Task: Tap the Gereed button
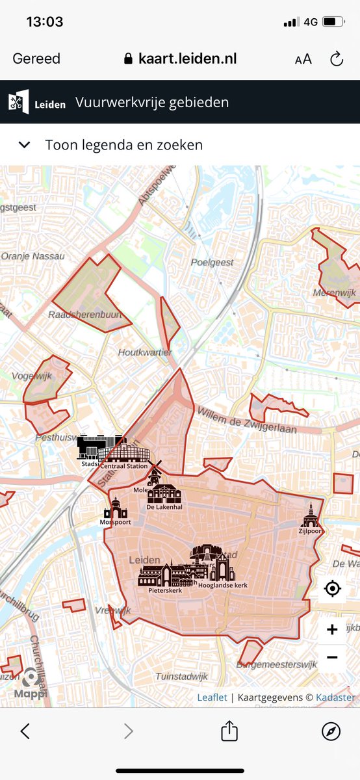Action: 36,58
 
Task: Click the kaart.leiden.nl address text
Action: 187,58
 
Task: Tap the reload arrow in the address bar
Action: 337,59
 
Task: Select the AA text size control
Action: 303,59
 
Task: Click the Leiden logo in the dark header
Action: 37,102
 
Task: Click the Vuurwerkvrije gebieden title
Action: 152,102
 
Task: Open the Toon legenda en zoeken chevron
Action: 25,144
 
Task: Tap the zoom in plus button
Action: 332,629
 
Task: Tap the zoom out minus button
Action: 332,657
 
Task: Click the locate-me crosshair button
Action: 332,589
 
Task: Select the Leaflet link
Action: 212,697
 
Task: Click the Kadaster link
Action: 336,697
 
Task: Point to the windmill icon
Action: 155,472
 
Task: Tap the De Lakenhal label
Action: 164,506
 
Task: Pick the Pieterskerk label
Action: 165,591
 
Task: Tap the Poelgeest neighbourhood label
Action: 212,262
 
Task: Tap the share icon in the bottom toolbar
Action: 229,731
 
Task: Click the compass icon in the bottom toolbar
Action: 331,731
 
